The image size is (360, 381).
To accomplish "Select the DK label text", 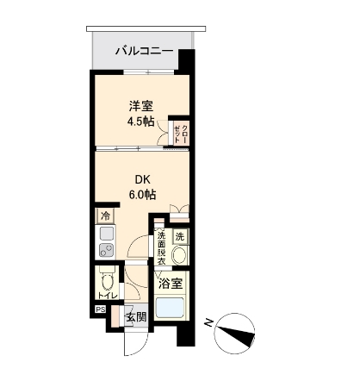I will pos(142,178).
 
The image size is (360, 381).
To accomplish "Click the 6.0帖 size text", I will pos(142,194).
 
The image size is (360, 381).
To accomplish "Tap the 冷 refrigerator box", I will pos(105,215).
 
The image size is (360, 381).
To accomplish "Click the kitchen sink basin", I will pos(106,233).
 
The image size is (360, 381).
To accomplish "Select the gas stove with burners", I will pos(106,251).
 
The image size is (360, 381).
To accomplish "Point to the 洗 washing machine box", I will pos(179,236).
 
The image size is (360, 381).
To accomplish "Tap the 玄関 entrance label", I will pos(136,317).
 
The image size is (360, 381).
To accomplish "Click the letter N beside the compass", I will pos(208,322).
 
